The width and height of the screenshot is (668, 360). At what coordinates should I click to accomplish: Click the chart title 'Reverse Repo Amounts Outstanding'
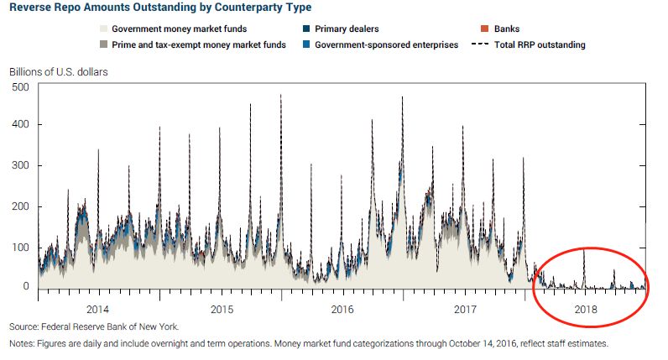point(159,8)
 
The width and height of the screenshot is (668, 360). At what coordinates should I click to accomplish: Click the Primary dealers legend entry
point(347,29)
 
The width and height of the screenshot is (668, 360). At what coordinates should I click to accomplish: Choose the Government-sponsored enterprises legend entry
point(386,44)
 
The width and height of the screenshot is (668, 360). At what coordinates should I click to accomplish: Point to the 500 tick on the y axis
point(20,86)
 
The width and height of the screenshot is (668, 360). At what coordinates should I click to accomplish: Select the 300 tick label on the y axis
point(20,165)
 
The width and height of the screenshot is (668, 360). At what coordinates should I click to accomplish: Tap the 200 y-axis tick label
point(20,206)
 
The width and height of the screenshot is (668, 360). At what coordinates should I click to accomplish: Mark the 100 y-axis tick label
point(20,247)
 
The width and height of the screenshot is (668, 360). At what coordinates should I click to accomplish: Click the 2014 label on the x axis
point(99,309)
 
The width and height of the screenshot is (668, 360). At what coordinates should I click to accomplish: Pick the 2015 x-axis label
point(222,309)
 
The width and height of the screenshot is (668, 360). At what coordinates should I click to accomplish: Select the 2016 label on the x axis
point(343,309)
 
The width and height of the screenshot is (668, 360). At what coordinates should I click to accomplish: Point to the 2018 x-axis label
point(587,309)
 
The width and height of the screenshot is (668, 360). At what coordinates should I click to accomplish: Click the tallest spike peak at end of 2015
point(280,96)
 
